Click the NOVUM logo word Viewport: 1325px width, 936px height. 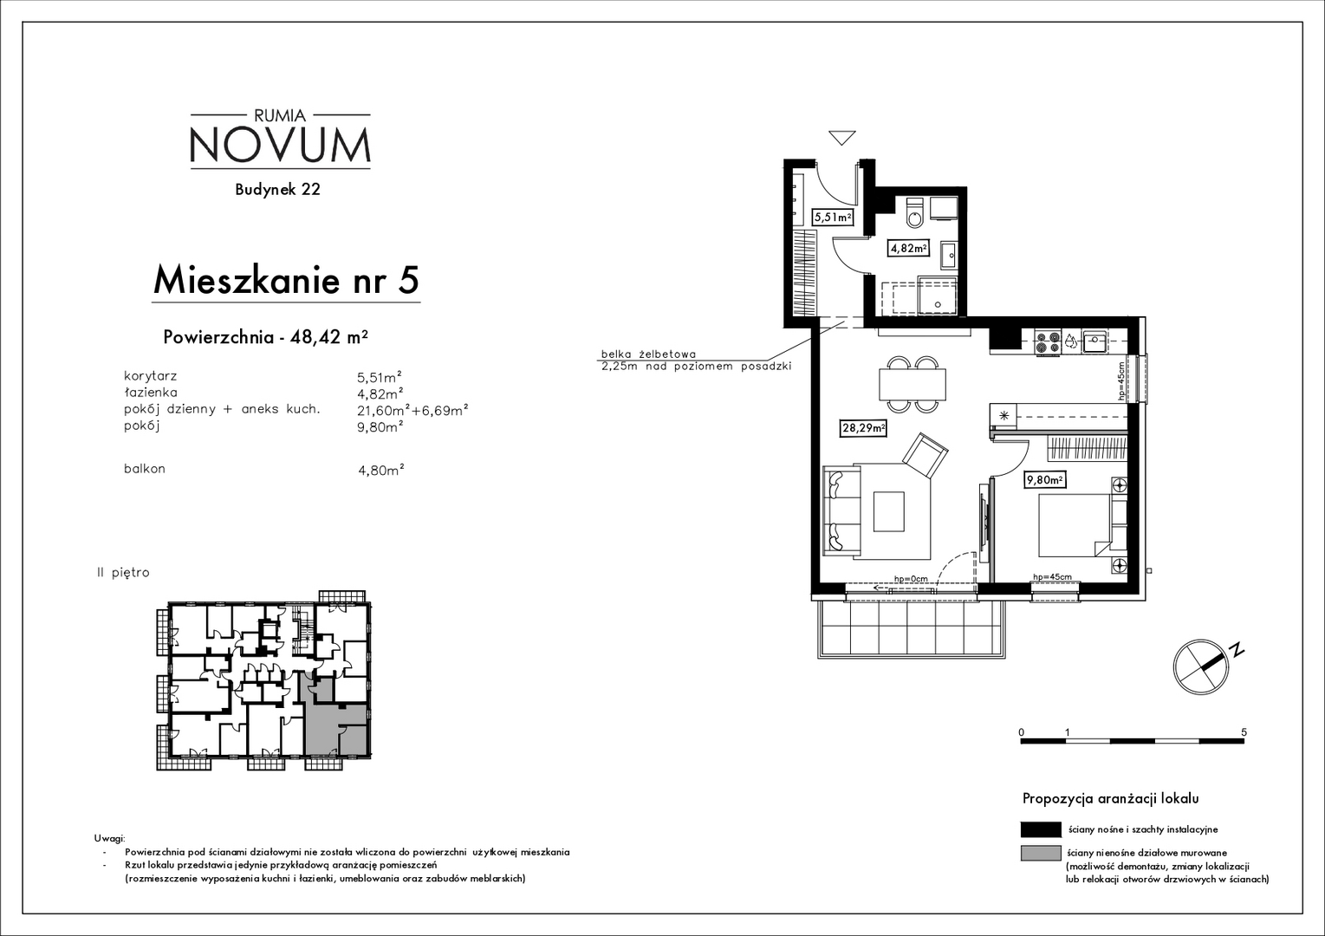point(281,146)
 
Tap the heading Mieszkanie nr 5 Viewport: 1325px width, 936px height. point(286,280)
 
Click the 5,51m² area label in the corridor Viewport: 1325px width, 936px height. point(833,218)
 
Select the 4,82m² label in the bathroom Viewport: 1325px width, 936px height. point(908,249)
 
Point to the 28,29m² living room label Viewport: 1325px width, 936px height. point(863,428)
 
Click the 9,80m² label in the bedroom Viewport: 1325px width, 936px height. point(1045,480)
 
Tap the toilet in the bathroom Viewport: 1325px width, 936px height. point(914,213)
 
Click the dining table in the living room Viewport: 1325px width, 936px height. point(913,384)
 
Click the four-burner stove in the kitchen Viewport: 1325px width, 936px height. point(1048,342)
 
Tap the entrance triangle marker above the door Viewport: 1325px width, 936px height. point(841,138)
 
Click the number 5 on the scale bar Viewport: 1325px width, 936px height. point(1244,732)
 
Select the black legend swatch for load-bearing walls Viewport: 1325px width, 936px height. point(1041,829)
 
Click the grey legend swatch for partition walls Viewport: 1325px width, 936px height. point(1041,854)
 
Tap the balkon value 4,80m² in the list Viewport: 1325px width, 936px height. point(381,470)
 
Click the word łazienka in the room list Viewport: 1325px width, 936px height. point(150,393)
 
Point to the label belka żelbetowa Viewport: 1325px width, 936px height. point(648,354)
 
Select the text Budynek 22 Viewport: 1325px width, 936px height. point(278,189)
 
